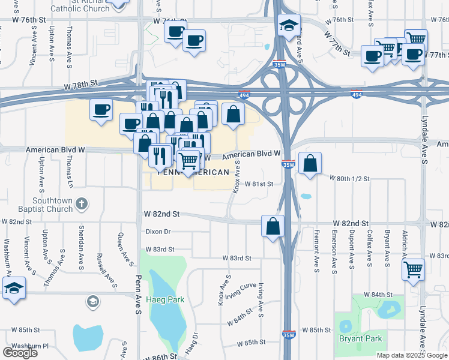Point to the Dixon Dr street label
[x=158, y=232]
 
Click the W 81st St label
[x=259, y=184]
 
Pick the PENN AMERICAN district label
[x=193, y=172]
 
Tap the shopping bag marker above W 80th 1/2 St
[x=310, y=163]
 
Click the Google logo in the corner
[x=19, y=352]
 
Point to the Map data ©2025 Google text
[x=412, y=355]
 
